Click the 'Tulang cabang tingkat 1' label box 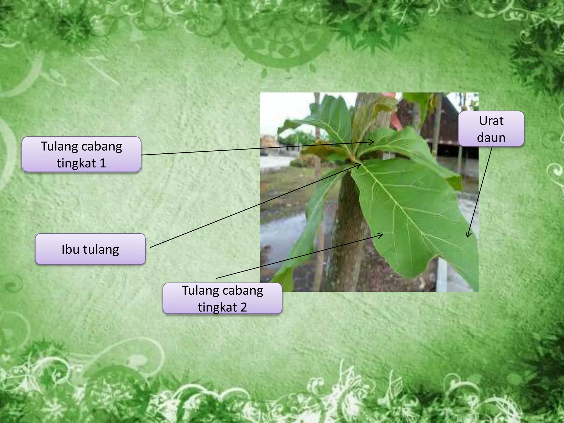pos(82,154)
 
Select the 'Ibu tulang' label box pos(90,249)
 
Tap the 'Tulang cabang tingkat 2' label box pos(223,299)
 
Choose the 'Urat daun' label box pos(491,129)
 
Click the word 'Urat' pos(491,121)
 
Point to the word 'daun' pos(491,137)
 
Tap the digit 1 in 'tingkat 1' pos(103,163)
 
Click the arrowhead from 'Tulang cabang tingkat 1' pos(373,142)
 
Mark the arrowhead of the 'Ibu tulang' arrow pos(360,165)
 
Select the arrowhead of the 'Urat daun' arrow pos(467,236)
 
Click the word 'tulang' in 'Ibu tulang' pos(101,249)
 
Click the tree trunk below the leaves pos(348,234)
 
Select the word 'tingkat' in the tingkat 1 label pos(76,163)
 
